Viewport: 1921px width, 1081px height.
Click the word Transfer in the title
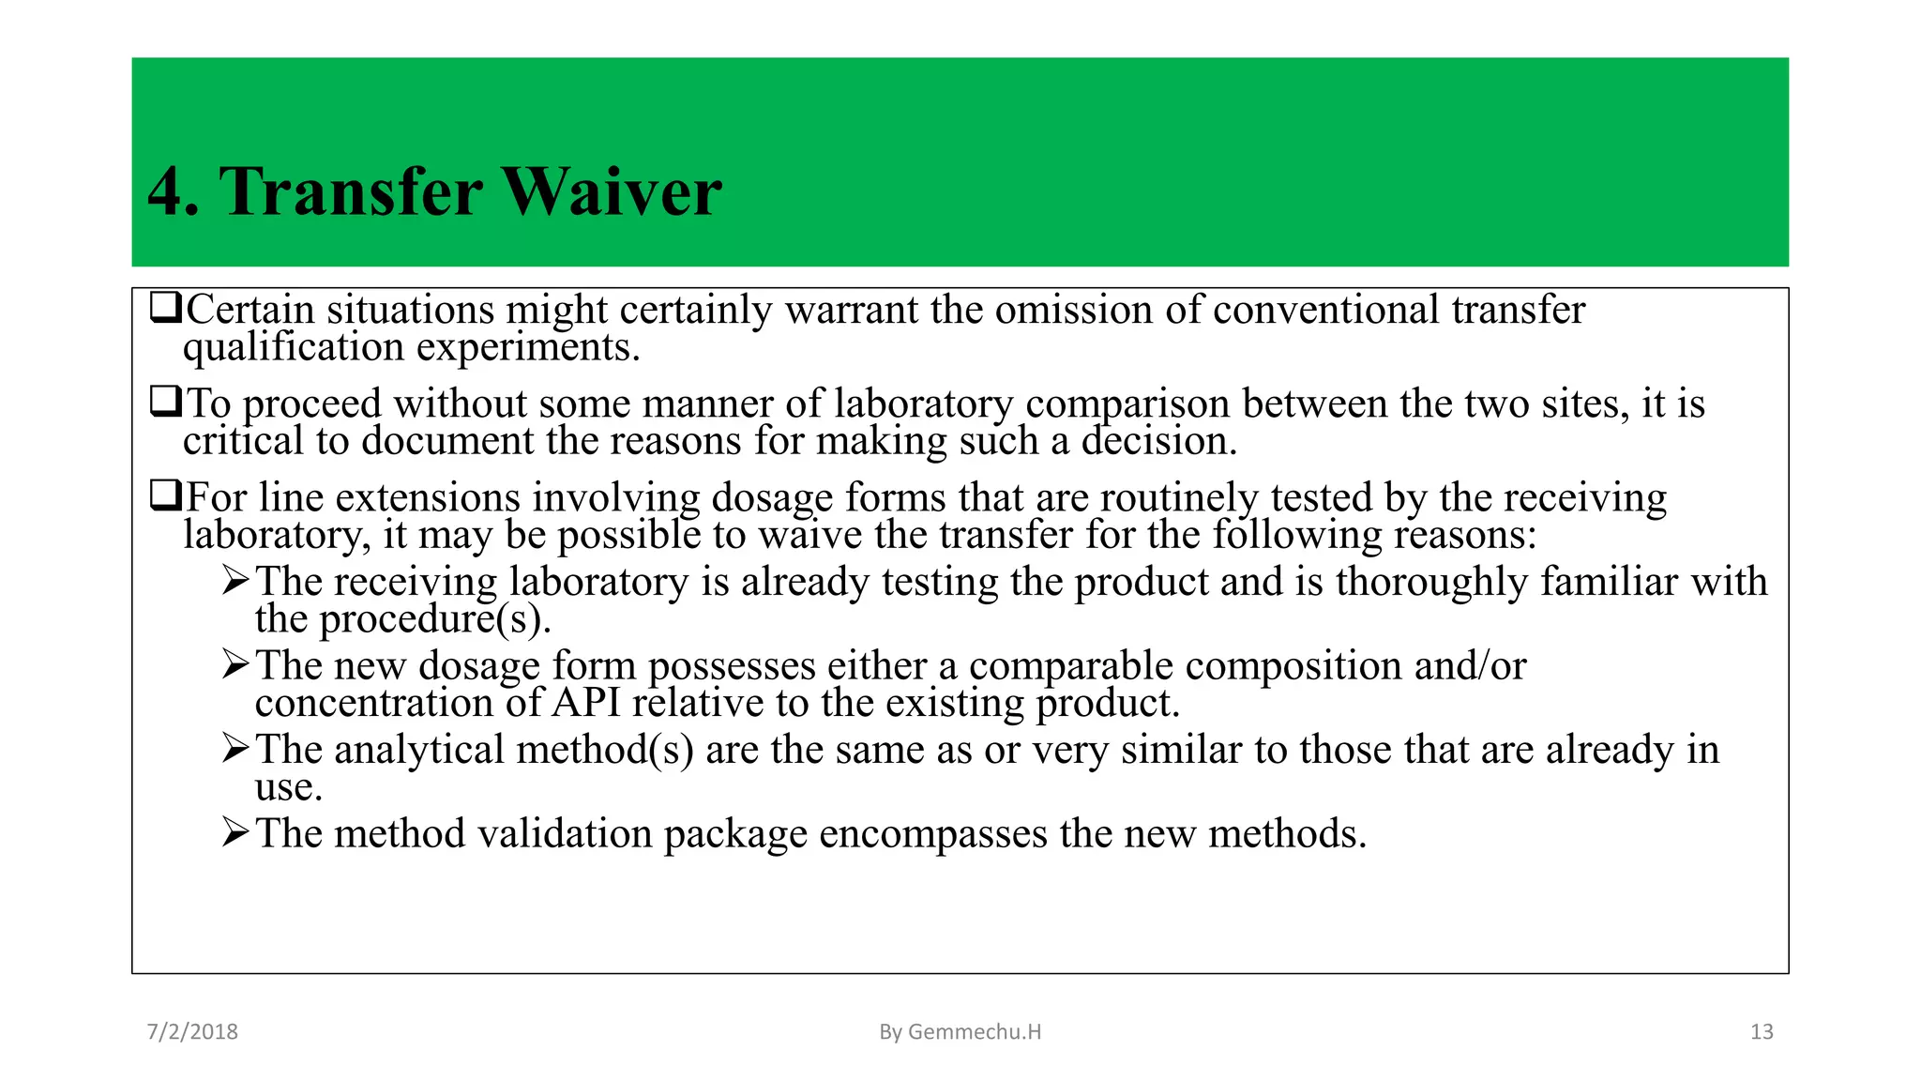click(x=351, y=192)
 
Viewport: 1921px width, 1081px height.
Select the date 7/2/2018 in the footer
click(x=192, y=1031)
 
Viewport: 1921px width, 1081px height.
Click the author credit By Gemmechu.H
click(x=960, y=1031)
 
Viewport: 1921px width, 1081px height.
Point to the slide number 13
click(x=1762, y=1031)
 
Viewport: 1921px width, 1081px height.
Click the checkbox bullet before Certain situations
click(x=165, y=308)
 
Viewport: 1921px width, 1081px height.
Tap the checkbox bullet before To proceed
click(x=165, y=402)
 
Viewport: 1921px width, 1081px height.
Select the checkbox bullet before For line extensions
click(x=165, y=495)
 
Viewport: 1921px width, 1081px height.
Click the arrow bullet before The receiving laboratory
click(x=235, y=580)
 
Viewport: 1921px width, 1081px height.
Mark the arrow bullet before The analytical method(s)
click(x=235, y=748)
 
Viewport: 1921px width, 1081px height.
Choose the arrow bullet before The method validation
click(x=235, y=831)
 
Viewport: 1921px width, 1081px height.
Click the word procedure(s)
click(x=435, y=619)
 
